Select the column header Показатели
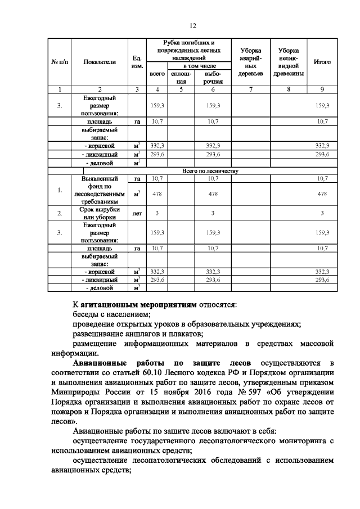click(100, 62)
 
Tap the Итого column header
click(322, 62)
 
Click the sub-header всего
click(157, 74)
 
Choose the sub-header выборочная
click(213, 78)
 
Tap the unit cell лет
click(136, 213)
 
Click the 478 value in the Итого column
click(322, 193)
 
